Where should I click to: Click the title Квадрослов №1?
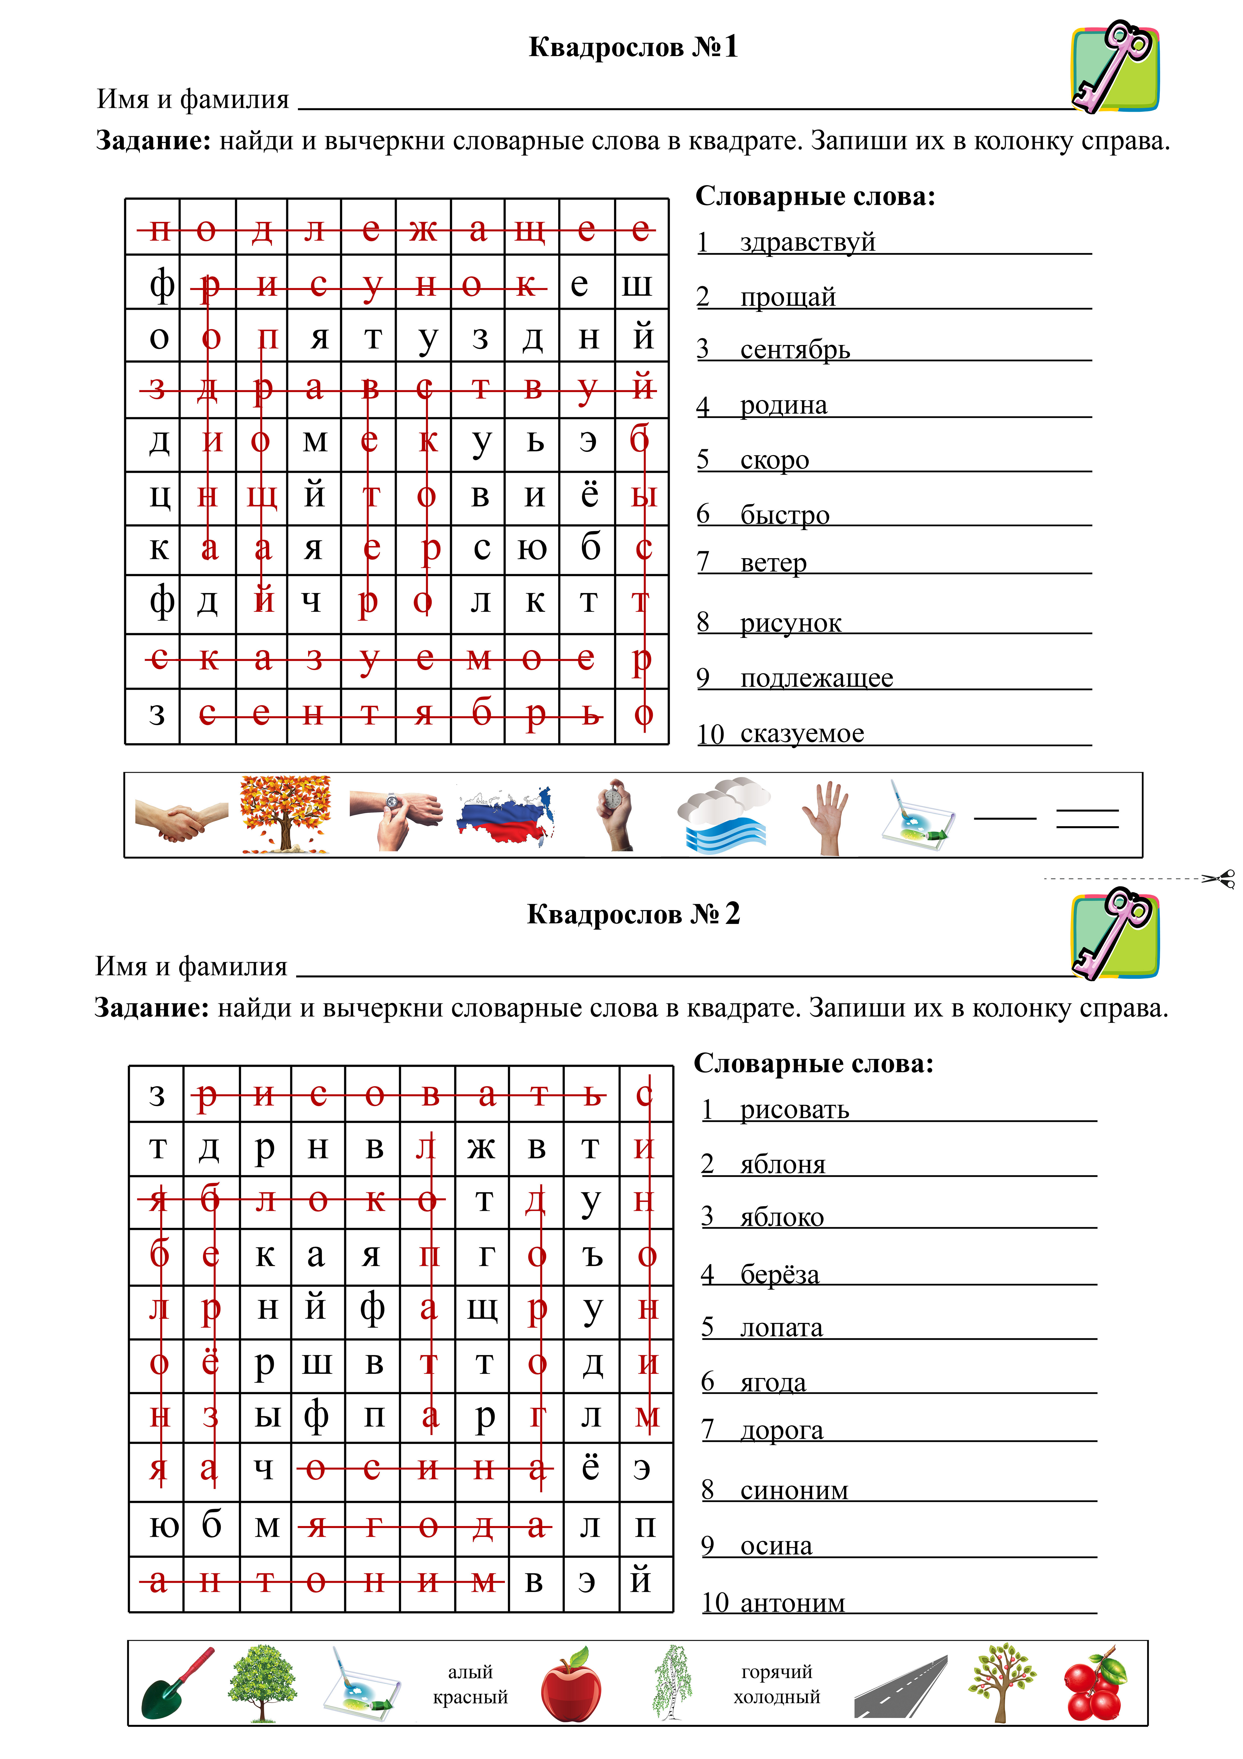pos(633,47)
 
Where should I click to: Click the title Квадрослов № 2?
pos(633,914)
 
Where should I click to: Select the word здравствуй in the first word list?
pos(807,242)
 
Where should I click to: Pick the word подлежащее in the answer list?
pos(816,678)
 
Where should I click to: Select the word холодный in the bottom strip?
pos(777,1697)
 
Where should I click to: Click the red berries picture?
pos(1095,1685)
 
